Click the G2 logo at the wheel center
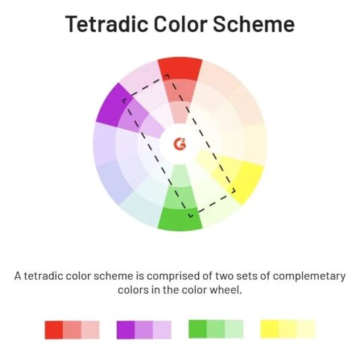[180, 144]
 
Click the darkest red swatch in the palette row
[53, 329]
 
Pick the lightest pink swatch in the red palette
[91, 329]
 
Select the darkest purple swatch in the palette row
[126, 329]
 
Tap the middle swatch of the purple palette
[144, 329]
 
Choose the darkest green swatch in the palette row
[197, 329]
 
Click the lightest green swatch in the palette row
[234, 329]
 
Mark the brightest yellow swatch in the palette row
[269, 329]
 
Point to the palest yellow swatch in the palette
[306, 329]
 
